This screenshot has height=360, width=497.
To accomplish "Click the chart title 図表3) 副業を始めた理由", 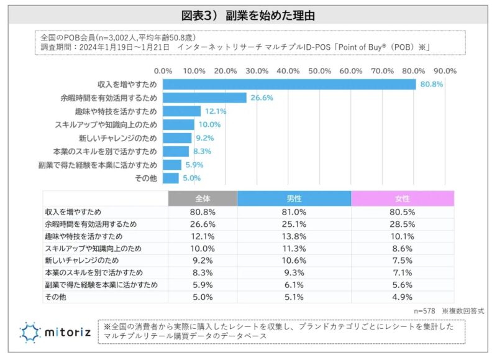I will [248, 14].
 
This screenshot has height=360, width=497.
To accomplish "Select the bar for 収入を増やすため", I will [289, 84].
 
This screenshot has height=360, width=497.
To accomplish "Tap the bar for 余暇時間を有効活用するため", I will [204, 98].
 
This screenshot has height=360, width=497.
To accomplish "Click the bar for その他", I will [171, 178].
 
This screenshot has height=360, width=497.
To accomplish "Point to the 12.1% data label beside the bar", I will [214, 111].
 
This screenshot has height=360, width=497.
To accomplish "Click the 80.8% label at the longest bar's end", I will [431, 84].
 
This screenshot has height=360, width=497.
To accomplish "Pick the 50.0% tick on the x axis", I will [319, 71].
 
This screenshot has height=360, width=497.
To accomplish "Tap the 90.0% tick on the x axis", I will [445, 71].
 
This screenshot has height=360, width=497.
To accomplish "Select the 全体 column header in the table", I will [203, 198].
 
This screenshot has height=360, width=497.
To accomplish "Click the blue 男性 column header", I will [294, 198].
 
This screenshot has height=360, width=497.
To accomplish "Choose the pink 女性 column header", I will [403, 198].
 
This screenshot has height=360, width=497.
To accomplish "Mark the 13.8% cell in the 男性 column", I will [294, 237].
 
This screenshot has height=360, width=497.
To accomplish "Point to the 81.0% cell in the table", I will [294, 212].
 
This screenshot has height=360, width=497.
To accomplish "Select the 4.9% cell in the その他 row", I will [403, 298].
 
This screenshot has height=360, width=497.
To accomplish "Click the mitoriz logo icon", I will [30, 333].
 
